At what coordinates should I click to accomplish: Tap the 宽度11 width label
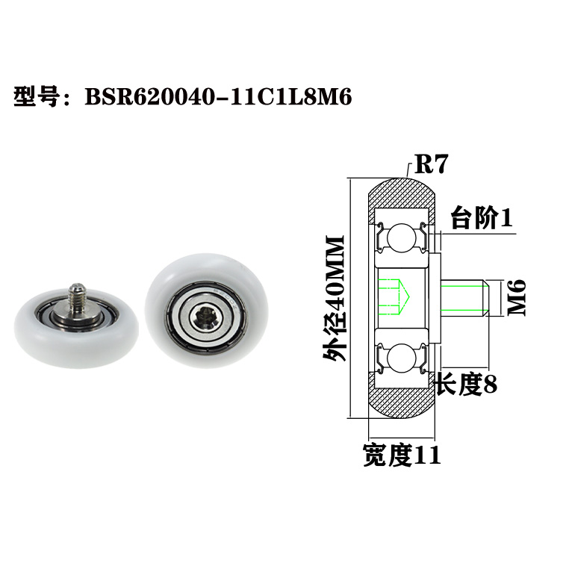pyautogui.click(x=402, y=454)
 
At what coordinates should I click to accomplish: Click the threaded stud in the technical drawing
pyautogui.click(x=463, y=296)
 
